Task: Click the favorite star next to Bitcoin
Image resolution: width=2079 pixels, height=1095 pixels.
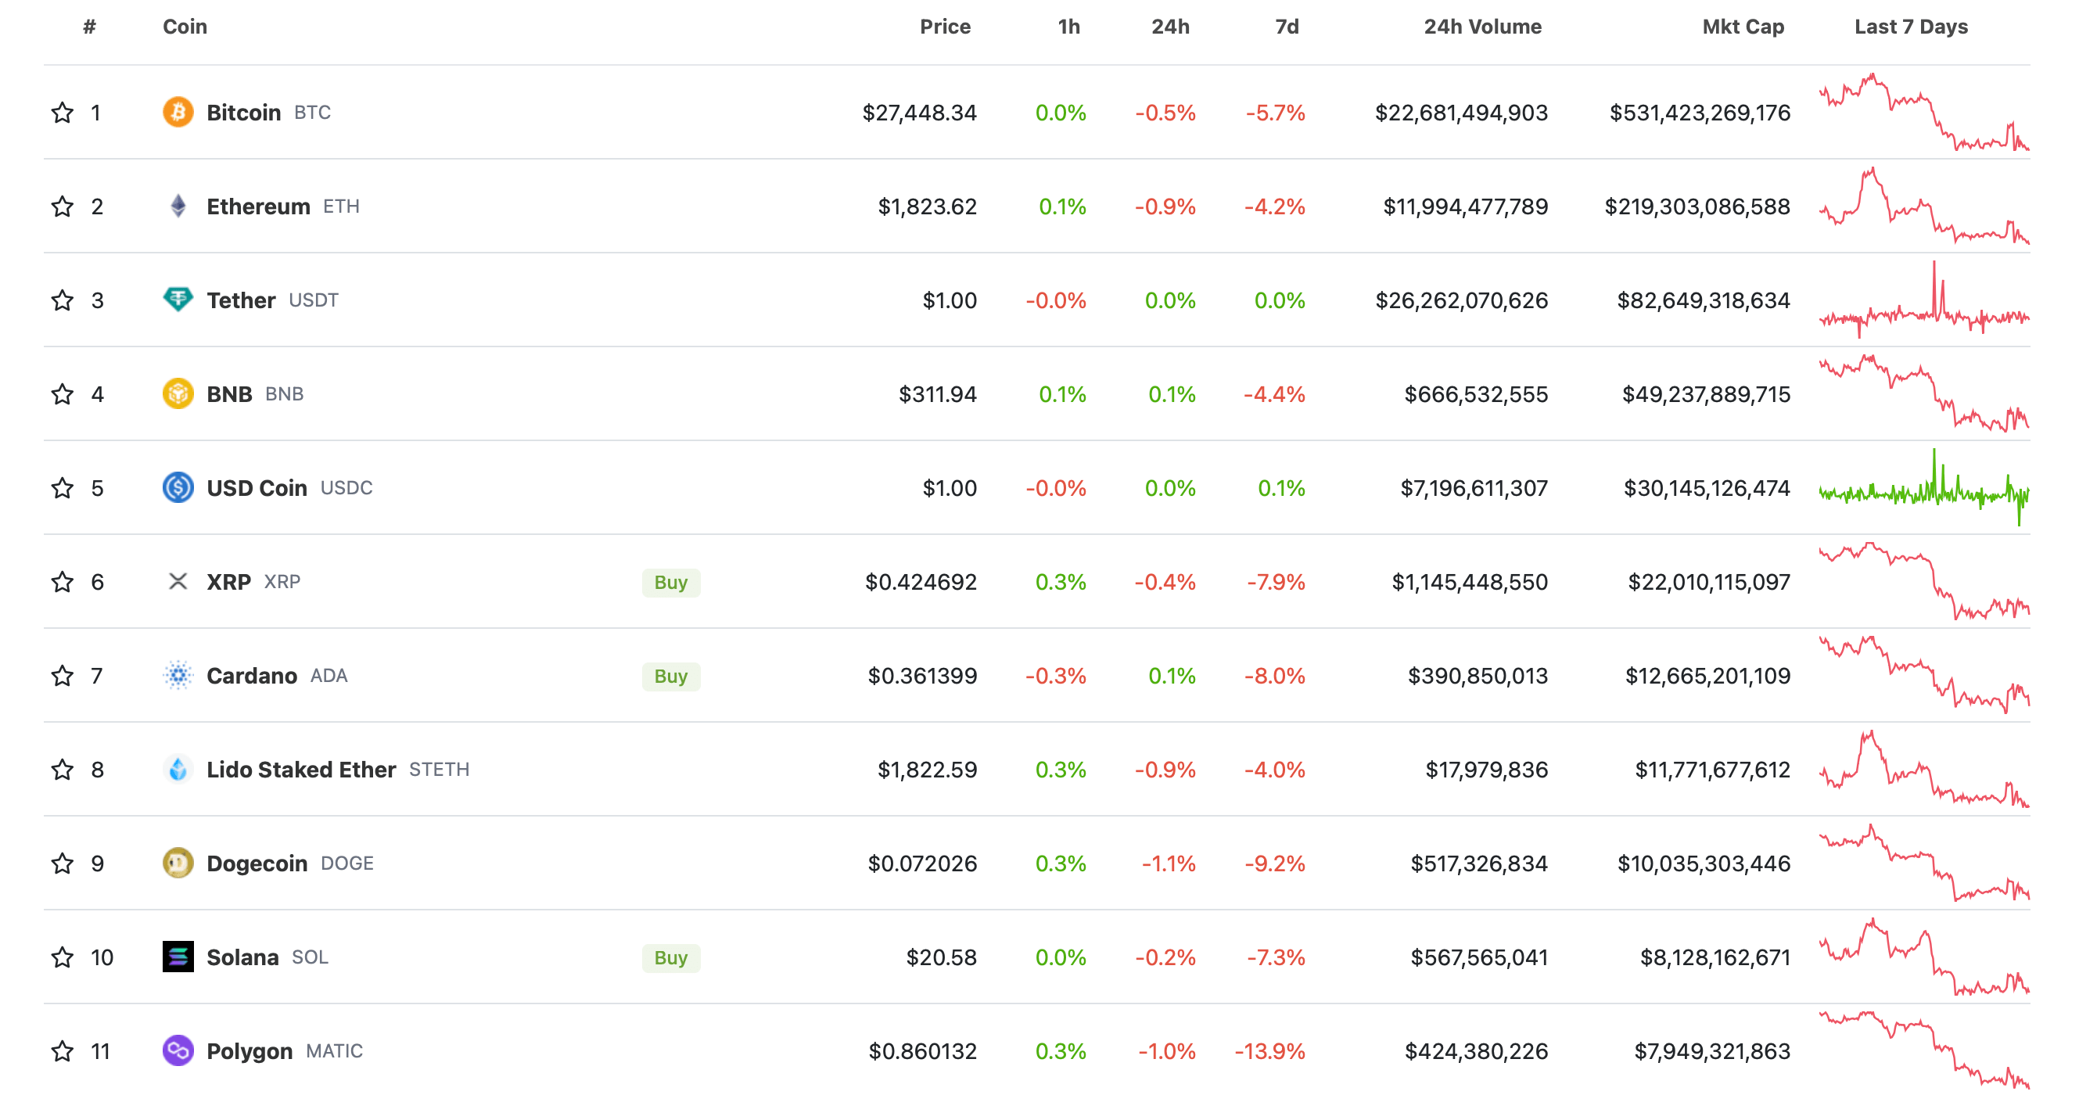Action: (x=62, y=112)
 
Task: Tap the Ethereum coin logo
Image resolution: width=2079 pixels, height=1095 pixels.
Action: (x=178, y=206)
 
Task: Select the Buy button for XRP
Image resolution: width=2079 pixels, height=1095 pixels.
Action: (x=670, y=582)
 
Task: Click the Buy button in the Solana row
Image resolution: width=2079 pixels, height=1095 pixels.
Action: (x=670, y=957)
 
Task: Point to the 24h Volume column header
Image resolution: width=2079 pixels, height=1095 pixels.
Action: (x=1481, y=27)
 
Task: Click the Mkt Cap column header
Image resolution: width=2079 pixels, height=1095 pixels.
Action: (x=1743, y=27)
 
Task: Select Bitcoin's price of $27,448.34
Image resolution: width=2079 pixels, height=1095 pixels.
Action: (x=918, y=112)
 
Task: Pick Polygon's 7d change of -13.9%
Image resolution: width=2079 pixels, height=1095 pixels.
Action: (x=1269, y=1050)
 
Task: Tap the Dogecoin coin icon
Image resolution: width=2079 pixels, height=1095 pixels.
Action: (x=178, y=863)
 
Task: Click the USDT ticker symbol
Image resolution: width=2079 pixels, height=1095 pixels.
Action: (x=313, y=300)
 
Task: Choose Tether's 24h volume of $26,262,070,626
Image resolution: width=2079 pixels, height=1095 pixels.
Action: (x=1461, y=300)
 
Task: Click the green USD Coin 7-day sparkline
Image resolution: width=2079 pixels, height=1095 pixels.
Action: (x=1923, y=488)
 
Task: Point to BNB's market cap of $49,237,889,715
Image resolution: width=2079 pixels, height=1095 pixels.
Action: (x=1705, y=393)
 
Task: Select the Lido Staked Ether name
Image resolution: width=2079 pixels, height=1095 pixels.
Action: (x=301, y=769)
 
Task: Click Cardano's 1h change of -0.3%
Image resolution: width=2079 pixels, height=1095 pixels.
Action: (x=1055, y=676)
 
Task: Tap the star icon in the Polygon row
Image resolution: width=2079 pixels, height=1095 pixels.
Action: (x=62, y=1050)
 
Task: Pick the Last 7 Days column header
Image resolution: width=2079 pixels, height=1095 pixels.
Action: (x=1910, y=27)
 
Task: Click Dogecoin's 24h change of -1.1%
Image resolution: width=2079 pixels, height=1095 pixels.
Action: (x=1168, y=863)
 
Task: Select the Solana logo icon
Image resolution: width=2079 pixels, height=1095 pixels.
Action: (x=178, y=957)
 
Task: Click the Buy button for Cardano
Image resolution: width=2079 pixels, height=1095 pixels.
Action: (x=670, y=676)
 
